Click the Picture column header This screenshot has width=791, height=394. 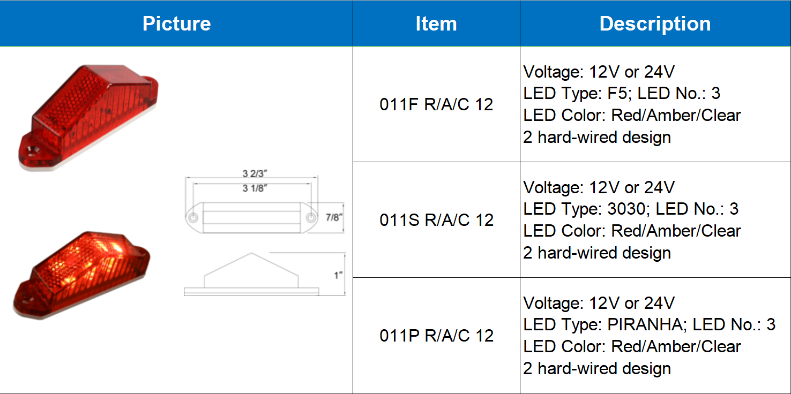[x=176, y=24]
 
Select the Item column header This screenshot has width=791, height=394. [x=436, y=24]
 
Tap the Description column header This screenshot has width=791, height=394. [x=655, y=24]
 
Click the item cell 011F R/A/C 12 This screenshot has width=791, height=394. [x=436, y=104]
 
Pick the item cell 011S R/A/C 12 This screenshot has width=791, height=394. [x=436, y=220]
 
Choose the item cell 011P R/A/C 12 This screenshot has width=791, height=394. [x=436, y=336]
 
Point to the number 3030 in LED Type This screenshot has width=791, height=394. [x=626, y=209]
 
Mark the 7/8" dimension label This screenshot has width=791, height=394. [x=333, y=217]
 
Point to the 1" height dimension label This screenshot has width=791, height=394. [x=338, y=275]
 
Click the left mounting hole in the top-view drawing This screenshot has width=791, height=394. [x=192, y=218]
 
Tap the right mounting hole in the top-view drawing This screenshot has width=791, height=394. [x=311, y=218]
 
